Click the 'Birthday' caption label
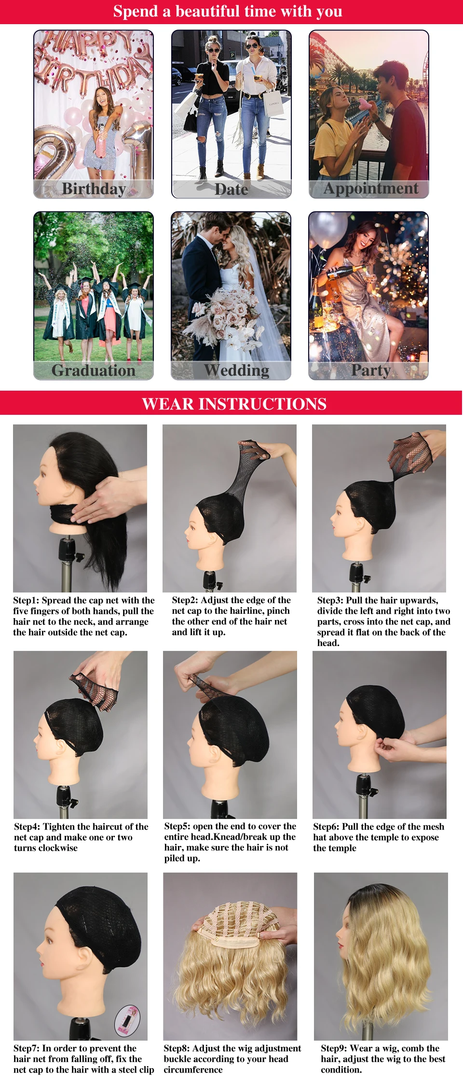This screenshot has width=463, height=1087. click(94, 188)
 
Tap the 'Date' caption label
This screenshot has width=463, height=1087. click(231, 189)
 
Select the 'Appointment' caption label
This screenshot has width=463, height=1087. click(371, 188)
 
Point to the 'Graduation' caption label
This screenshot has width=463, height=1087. click(94, 370)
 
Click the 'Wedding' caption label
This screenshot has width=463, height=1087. click(236, 370)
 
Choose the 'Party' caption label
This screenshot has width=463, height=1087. click(371, 370)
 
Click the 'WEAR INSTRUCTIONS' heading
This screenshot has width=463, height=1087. click(234, 404)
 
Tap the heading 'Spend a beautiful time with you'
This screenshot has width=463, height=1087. click(228, 11)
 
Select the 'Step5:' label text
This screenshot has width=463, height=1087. click(177, 826)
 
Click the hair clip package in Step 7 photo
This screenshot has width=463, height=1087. click(127, 1021)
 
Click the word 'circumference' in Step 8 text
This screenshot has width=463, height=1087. click(193, 1070)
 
